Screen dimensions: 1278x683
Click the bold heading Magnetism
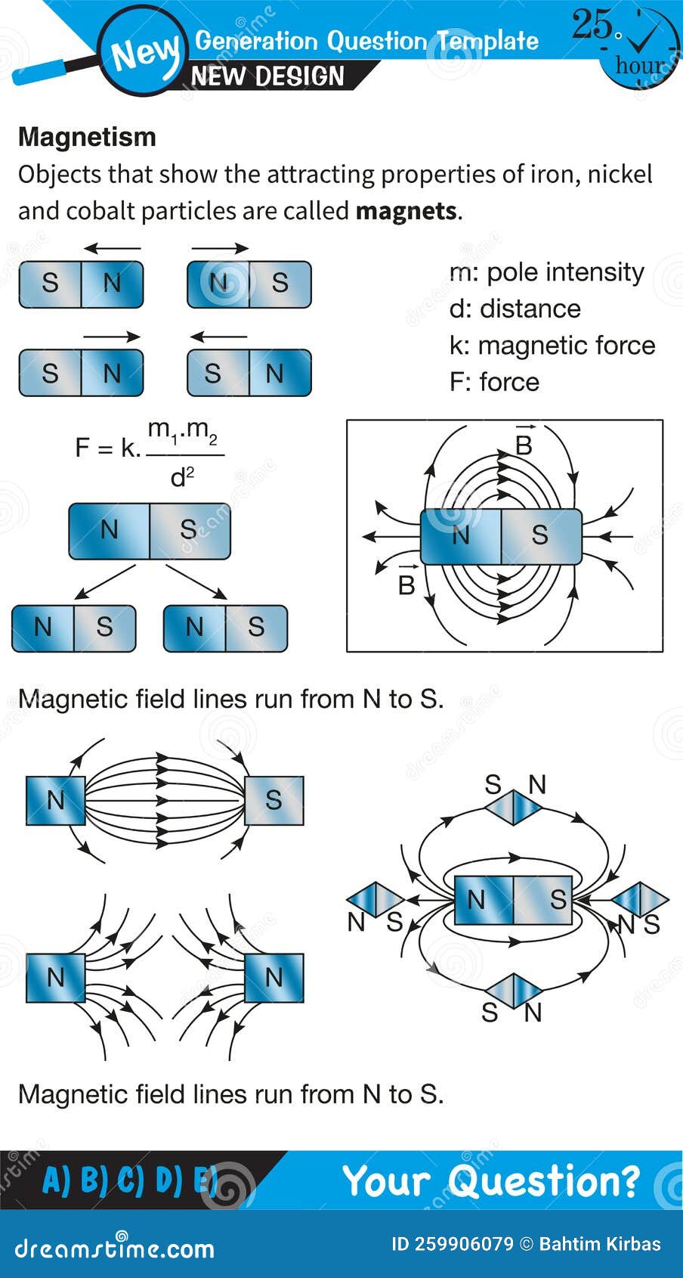coord(87,137)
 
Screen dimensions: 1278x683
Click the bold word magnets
coord(406,210)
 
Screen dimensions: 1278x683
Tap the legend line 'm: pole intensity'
coord(546,272)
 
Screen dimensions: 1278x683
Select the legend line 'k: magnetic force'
coord(552,346)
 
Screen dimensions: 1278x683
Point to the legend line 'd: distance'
coord(515,309)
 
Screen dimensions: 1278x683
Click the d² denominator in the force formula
coord(182,476)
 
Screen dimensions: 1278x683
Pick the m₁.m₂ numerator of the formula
coord(182,431)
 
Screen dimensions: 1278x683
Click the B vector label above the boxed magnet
coord(524,443)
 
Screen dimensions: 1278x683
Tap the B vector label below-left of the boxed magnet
coord(406,582)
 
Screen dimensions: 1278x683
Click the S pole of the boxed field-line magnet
coord(540,535)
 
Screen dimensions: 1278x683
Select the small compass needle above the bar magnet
coord(513,808)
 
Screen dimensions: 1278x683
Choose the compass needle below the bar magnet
coord(513,991)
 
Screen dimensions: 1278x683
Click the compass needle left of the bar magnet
coord(375,900)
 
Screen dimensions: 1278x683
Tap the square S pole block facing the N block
coord(274,800)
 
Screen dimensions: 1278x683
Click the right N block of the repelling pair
coord(274,978)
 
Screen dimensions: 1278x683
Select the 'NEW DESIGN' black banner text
coord(267,76)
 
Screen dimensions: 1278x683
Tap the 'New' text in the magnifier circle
coord(144,53)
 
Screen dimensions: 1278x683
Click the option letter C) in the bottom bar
coord(130,1180)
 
